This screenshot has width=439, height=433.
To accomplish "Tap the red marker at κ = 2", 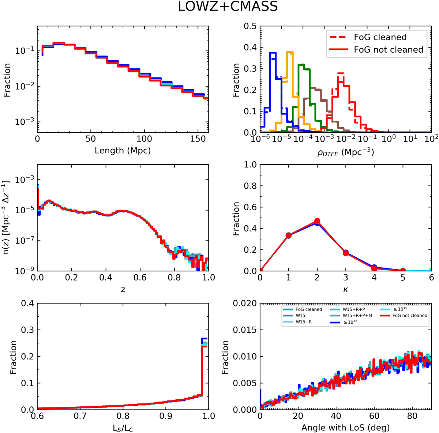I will click(317, 221).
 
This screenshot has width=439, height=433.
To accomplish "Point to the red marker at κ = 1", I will click(289, 236).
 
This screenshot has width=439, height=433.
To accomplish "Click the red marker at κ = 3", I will click(346, 253).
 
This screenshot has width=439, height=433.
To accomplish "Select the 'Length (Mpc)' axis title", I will click(123, 150).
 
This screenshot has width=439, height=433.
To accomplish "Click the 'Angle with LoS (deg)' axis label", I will click(345, 427).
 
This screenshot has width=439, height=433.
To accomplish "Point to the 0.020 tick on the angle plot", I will click(245, 303).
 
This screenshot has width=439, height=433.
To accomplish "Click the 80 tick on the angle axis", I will click(412, 416).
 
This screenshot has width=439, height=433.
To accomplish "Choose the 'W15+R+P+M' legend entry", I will click(357, 315).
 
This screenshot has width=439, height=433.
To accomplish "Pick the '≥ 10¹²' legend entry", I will click(350, 322).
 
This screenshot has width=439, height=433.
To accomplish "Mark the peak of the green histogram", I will click(301, 65).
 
